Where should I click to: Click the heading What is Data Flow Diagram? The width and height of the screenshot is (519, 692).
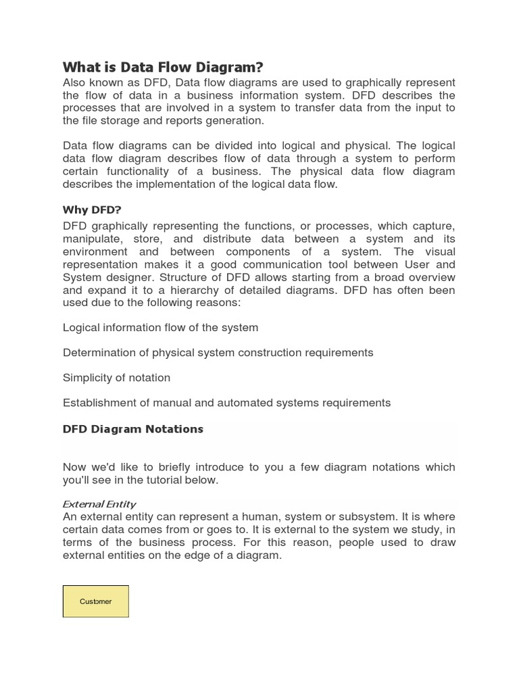tap(163, 67)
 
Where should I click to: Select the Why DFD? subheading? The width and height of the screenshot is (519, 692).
tap(92, 209)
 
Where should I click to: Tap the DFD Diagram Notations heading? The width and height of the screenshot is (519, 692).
tap(133, 429)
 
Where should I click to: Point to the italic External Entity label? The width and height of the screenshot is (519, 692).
tap(99, 504)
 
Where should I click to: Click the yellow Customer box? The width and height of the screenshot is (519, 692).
tap(96, 601)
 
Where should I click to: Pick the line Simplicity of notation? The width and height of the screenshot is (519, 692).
tap(116, 378)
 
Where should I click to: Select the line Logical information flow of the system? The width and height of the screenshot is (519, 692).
tap(160, 328)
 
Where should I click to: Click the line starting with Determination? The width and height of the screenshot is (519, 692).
tap(218, 353)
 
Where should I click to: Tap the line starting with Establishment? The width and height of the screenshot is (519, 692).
tap(226, 403)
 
